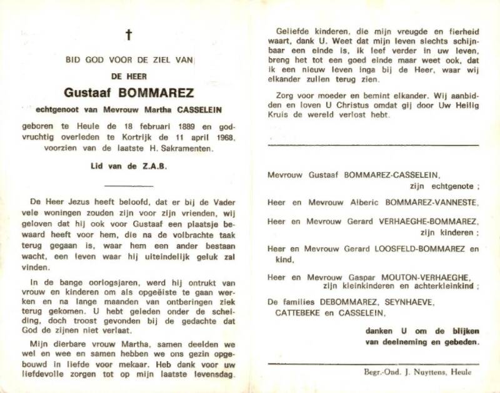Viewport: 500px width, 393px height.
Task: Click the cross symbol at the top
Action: click(129, 35)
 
